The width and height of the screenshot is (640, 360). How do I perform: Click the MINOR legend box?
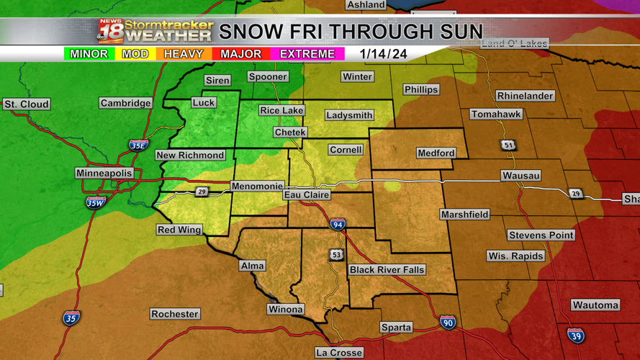[x=89, y=54]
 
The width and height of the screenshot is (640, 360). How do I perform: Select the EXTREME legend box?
[x=307, y=54]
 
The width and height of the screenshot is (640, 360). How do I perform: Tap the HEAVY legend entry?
[x=183, y=54]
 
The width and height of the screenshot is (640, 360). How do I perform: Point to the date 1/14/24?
[x=384, y=54]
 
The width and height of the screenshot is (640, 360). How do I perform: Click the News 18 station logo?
[x=110, y=32]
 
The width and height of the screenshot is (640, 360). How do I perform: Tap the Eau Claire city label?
[x=306, y=194]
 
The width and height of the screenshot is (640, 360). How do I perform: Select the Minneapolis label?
[x=104, y=174]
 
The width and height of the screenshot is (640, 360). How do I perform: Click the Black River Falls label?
[x=387, y=270]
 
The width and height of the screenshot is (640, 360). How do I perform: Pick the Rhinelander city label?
[x=525, y=96]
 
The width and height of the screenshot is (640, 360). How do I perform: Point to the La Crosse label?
[x=339, y=353]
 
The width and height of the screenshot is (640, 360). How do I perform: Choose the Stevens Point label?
[x=541, y=235]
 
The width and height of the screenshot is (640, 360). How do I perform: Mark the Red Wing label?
[x=179, y=230]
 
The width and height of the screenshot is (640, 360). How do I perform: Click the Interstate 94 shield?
[x=338, y=225]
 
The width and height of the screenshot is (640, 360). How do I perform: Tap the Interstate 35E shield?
[x=138, y=145]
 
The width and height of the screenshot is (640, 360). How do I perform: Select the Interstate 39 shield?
[x=575, y=335]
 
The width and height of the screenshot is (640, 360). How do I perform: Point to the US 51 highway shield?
[x=509, y=145]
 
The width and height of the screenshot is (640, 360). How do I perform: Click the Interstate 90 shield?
[x=448, y=322]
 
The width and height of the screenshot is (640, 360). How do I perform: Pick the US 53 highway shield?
[x=336, y=255]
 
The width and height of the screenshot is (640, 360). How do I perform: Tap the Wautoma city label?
[x=595, y=305]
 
